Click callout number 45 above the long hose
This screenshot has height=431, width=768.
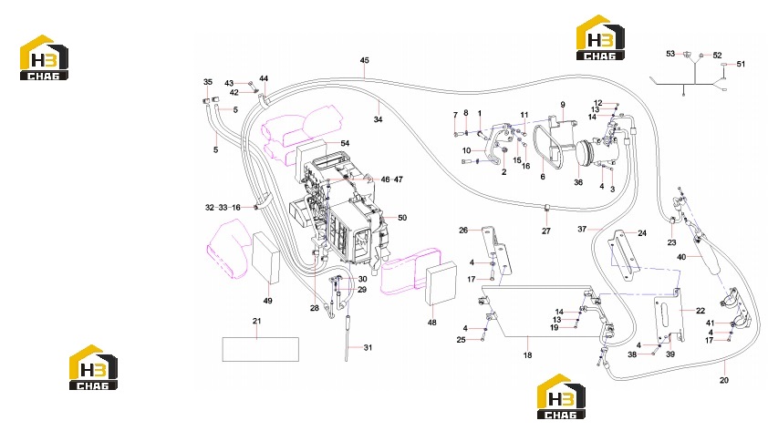365,61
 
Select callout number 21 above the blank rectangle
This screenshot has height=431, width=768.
256,322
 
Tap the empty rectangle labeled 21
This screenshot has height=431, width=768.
261,349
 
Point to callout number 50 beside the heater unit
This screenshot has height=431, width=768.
402,218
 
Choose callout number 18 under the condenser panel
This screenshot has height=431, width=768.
527,355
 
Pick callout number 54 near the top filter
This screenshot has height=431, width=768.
345,143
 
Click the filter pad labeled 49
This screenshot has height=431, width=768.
265,258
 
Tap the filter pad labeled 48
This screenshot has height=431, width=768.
441,283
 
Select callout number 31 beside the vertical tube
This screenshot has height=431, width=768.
368,347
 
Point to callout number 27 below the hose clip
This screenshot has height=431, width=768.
546,231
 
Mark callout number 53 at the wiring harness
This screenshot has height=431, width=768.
670,54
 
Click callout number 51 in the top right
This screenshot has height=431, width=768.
741,64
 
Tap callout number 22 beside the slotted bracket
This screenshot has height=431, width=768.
701,311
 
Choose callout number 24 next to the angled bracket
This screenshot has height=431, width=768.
642,233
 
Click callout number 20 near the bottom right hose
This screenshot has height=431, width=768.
724,380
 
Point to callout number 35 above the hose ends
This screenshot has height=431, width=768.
208,82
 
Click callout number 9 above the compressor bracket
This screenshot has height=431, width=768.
563,105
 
